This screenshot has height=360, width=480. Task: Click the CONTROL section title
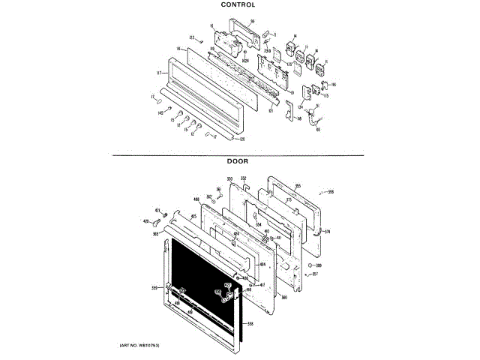tap(238, 4)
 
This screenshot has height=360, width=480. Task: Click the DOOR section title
tap(238, 160)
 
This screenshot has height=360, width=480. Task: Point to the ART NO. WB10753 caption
tap(140, 344)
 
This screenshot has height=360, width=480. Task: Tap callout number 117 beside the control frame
tap(159, 73)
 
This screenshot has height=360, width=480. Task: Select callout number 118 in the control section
tap(179, 49)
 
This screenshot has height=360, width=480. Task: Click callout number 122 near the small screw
tap(191, 37)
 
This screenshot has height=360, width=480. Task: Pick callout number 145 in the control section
tap(160, 112)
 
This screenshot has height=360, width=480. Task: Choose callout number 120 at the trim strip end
tap(241, 139)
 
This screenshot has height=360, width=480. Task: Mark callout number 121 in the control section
tap(271, 111)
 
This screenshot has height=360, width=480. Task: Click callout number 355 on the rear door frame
tap(298, 186)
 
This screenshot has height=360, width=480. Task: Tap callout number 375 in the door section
tap(288, 200)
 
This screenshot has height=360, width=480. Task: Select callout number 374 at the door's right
tap(327, 231)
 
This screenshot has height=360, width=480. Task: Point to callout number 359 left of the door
tap(154, 287)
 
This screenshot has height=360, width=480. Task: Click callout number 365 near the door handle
tap(155, 234)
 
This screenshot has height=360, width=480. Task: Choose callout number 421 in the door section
tap(157, 209)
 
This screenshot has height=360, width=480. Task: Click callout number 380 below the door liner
tap(284, 298)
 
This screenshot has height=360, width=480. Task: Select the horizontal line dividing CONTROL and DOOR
tap(238, 154)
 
